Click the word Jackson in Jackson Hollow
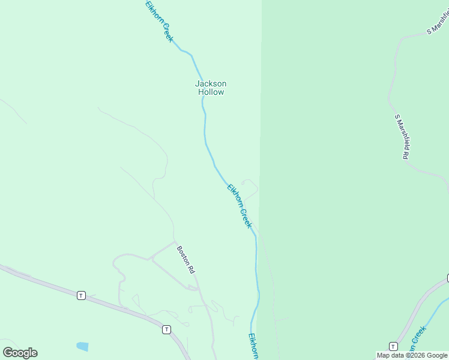[211, 83]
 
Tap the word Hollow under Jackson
[211, 92]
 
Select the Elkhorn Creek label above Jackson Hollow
[159, 21]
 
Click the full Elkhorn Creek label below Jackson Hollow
[239, 206]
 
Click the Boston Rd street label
[185, 259]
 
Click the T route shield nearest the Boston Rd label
[166, 329]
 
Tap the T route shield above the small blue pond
[81, 295]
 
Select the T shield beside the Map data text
[393, 346]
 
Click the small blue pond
[82, 346]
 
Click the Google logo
[20, 353]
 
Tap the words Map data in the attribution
[390, 356]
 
